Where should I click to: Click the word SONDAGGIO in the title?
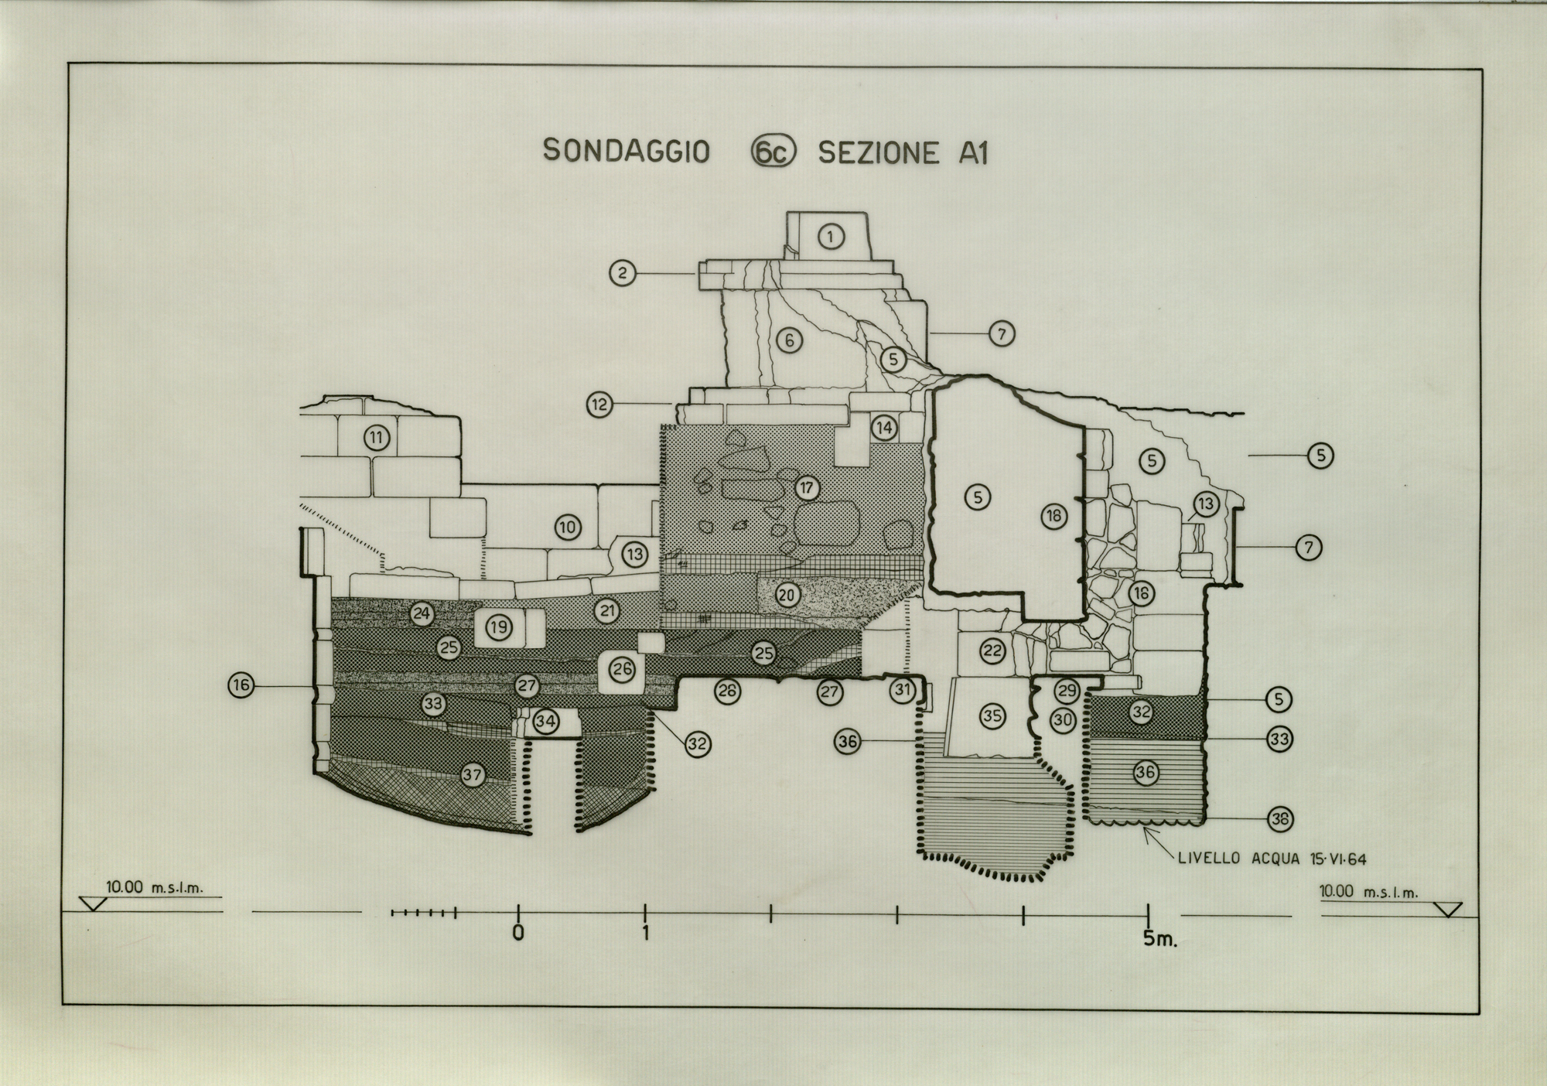(x=626, y=151)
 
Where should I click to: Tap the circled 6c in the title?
(x=773, y=152)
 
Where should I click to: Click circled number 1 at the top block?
(x=831, y=236)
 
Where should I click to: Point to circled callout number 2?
(x=623, y=272)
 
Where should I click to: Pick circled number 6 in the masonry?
(x=789, y=340)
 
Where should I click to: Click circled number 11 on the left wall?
(x=376, y=438)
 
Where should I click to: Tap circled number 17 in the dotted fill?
(x=807, y=488)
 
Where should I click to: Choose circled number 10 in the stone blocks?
(x=568, y=528)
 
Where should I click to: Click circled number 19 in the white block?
(x=499, y=627)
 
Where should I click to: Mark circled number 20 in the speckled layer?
(x=787, y=595)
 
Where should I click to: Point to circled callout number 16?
(x=241, y=685)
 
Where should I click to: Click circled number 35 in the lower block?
(x=992, y=716)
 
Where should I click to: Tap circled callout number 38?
(x=1280, y=819)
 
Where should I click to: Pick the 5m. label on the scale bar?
(x=1159, y=938)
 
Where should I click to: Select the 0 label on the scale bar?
(x=518, y=933)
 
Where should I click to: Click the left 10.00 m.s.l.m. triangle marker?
(x=92, y=904)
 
